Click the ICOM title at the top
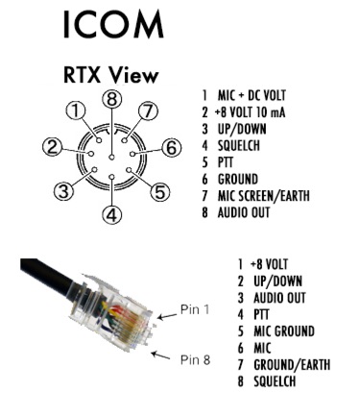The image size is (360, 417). pyautogui.click(x=113, y=24)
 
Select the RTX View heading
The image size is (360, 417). pyautogui.click(x=111, y=75)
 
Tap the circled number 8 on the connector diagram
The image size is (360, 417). pyautogui.click(x=111, y=99)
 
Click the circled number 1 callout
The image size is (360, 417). pyautogui.click(x=76, y=111)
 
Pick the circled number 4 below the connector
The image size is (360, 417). pyautogui.click(x=111, y=215)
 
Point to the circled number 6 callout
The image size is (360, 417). pyautogui.click(x=172, y=148)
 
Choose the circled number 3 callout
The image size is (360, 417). pyautogui.click(x=63, y=192)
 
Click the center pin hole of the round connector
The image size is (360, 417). pyautogui.click(x=111, y=157)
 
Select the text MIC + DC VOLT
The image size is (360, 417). pyautogui.click(x=252, y=95)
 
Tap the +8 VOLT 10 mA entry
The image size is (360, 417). pyautogui.click(x=250, y=112)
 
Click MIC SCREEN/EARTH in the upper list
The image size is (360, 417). pyautogui.click(x=264, y=196)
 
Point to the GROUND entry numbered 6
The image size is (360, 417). pyautogui.click(x=238, y=179)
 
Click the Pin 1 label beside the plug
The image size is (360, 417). pyautogui.click(x=195, y=309)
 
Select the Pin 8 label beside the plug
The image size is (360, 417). pyautogui.click(x=195, y=359)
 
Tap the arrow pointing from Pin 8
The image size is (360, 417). pyautogui.click(x=160, y=356)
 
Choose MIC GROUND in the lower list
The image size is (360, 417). pyautogui.click(x=284, y=331)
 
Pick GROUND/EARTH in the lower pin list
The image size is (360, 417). pyautogui.click(x=292, y=365)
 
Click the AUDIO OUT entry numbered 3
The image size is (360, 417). pyautogui.click(x=279, y=298)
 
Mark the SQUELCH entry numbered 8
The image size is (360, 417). pyautogui.click(x=275, y=381)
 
